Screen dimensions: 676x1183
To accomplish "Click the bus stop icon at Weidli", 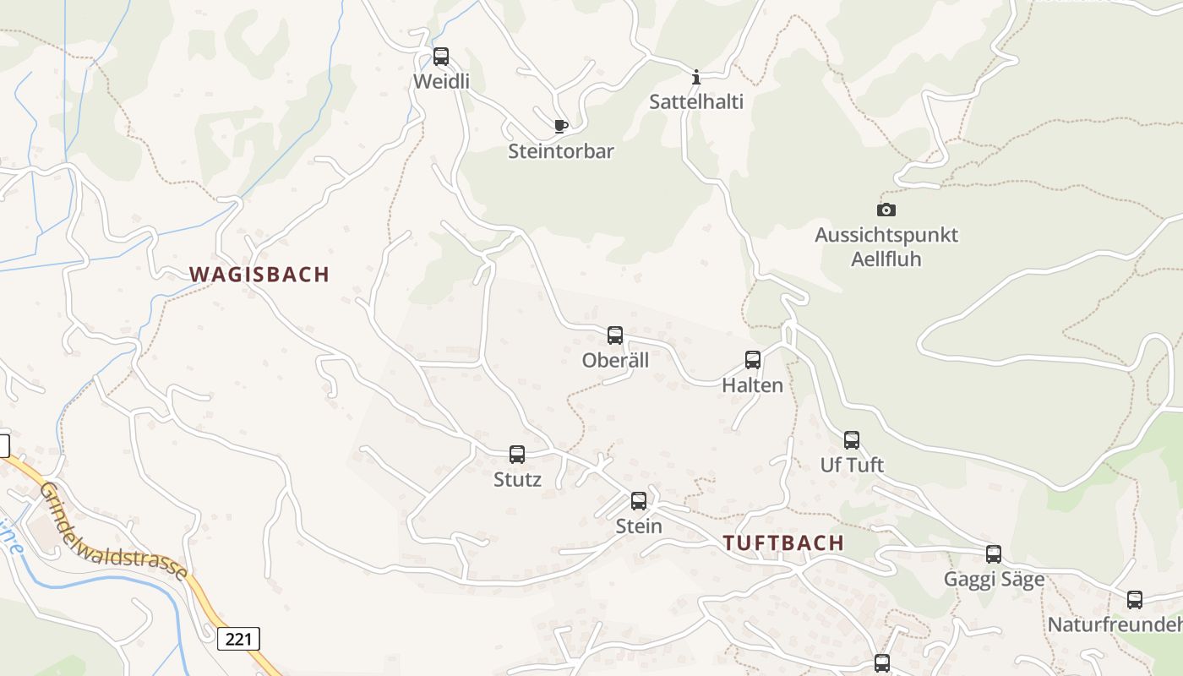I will tap(441, 57).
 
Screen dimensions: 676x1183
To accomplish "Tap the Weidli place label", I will tap(441, 82).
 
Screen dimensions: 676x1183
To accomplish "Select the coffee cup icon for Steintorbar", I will tap(560, 127).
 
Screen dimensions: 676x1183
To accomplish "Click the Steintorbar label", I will tap(561, 152).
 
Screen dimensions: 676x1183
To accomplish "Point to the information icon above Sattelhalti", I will tap(696, 77).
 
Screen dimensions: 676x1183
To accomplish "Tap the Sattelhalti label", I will tap(696, 102).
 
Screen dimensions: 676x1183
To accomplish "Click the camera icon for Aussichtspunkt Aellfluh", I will tap(886, 210).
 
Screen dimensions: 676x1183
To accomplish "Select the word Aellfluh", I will tap(886, 259).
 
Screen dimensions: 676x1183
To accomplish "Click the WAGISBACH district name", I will tap(259, 275).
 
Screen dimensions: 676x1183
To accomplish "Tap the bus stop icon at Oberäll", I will tap(615, 335).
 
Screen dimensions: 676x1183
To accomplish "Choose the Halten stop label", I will tap(752, 385).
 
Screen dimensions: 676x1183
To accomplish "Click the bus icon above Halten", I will tap(753, 360).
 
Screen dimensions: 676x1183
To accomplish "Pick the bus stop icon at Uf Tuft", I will tap(852, 440).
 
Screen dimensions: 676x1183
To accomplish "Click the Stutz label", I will tap(517, 480).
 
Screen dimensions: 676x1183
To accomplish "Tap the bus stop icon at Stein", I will tap(639, 501).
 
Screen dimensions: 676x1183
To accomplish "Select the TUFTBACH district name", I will tap(784, 543).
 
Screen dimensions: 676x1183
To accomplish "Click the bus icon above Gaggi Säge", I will tap(994, 554).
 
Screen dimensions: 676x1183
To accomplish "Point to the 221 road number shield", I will tap(239, 639).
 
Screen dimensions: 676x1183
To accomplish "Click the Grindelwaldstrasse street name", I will tap(114, 531).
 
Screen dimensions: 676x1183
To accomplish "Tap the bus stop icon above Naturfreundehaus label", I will tap(1135, 600).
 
